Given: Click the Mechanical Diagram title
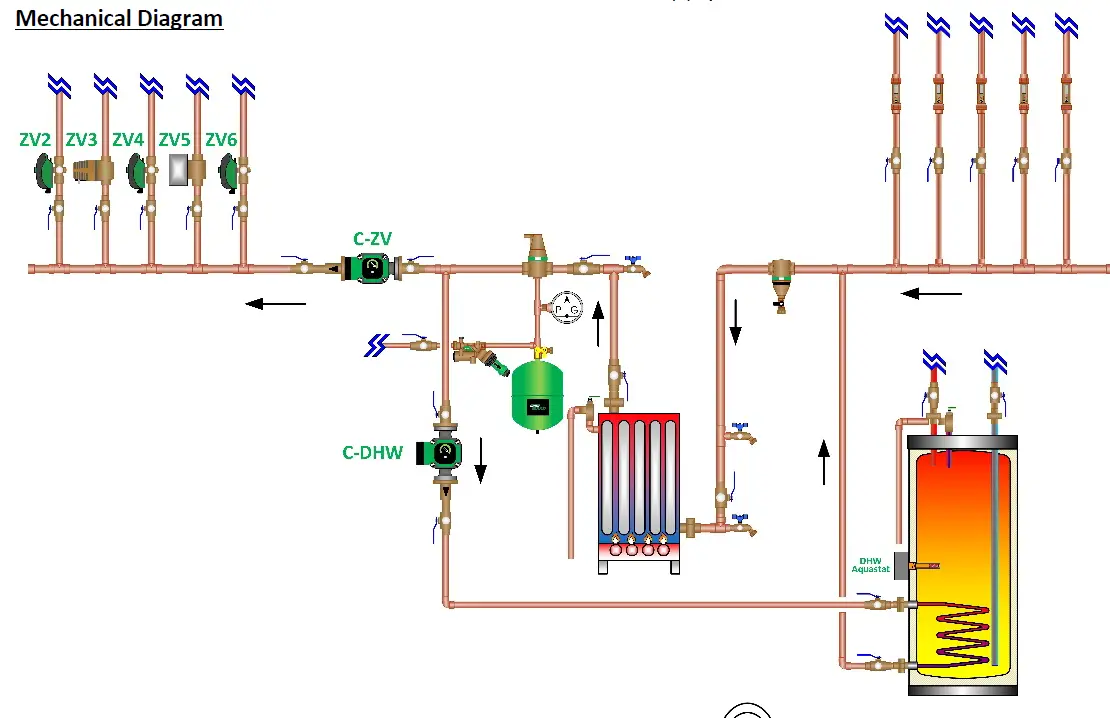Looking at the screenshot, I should click(x=119, y=18).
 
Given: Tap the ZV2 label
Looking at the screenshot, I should click(x=35, y=140).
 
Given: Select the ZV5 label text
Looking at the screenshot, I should click(x=174, y=140).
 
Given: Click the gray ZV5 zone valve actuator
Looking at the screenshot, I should click(x=179, y=170).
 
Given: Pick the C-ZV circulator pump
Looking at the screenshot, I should click(x=371, y=267).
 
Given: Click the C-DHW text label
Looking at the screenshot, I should click(x=372, y=452).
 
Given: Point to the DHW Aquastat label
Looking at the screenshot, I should click(x=870, y=565).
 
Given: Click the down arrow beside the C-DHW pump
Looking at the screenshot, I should click(x=480, y=459).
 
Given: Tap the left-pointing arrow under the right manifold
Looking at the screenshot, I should click(x=931, y=294).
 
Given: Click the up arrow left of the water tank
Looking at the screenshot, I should click(x=824, y=461).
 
